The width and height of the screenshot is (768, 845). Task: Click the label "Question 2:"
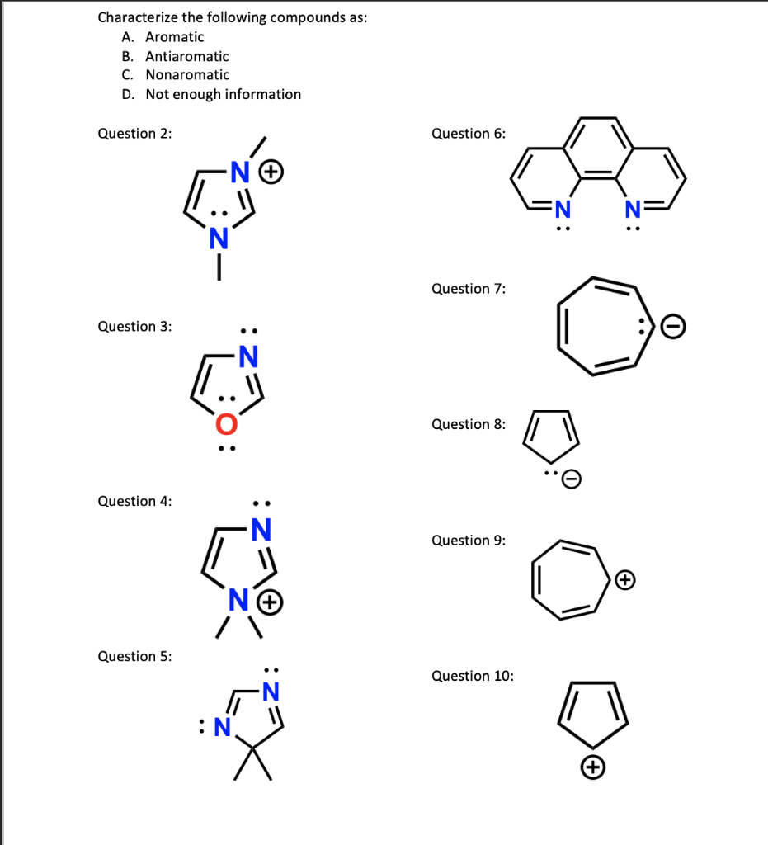coord(134,134)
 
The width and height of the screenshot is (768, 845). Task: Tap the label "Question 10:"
coord(472,676)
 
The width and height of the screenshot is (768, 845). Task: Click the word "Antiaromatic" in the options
coord(187,56)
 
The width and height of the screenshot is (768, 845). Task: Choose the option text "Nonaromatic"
coord(187,75)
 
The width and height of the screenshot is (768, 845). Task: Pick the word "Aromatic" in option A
coord(175,37)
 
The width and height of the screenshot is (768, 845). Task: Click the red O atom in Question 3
coord(226,424)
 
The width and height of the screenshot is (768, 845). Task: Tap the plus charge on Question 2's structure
coord(273,172)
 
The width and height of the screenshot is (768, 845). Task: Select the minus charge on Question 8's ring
coord(572,479)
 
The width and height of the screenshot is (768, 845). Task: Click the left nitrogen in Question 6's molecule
coord(562,207)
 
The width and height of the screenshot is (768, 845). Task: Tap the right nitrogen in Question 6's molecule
coord(633,207)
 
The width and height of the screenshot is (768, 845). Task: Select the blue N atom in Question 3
coord(247,356)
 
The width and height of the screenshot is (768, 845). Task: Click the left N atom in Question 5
coord(221,727)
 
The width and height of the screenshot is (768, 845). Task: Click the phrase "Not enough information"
coord(224,94)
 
